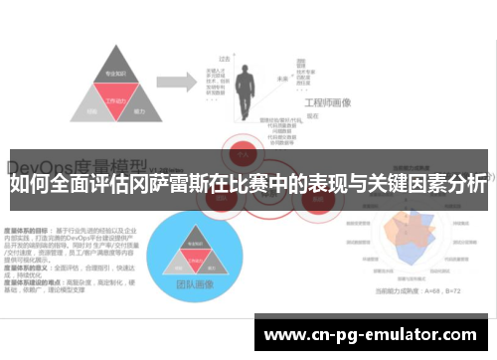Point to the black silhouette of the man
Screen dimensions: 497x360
pos(248,80)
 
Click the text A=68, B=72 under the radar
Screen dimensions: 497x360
pos(438,289)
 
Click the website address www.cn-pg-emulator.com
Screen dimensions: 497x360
pos(372,334)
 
